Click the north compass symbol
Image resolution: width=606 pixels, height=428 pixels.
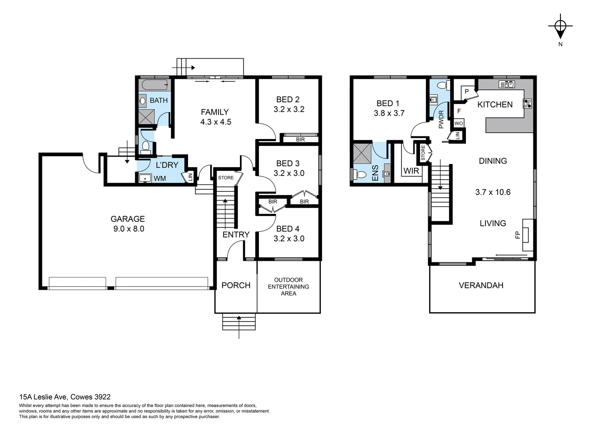point(560,26)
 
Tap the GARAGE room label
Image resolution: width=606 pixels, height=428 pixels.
point(127,219)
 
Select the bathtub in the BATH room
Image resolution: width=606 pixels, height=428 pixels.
point(155,85)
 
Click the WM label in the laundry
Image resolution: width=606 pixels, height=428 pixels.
point(160,178)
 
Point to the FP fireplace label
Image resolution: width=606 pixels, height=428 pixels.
point(518,235)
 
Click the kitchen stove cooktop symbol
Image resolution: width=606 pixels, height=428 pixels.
point(527,104)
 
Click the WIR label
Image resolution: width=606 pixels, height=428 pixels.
point(411,171)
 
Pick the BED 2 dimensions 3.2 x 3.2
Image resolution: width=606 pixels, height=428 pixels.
point(289,109)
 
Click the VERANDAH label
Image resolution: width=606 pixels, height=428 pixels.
point(481,285)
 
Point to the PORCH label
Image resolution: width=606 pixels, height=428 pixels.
point(236,285)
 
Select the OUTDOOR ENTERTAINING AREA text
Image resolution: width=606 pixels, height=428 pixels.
point(288,287)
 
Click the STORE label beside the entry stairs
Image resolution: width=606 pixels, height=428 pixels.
point(226,178)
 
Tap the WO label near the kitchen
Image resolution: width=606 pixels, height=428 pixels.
point(458,123)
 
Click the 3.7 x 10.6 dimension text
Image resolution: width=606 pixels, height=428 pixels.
point(493,192)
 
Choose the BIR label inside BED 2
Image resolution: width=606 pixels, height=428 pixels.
point(300,139)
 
